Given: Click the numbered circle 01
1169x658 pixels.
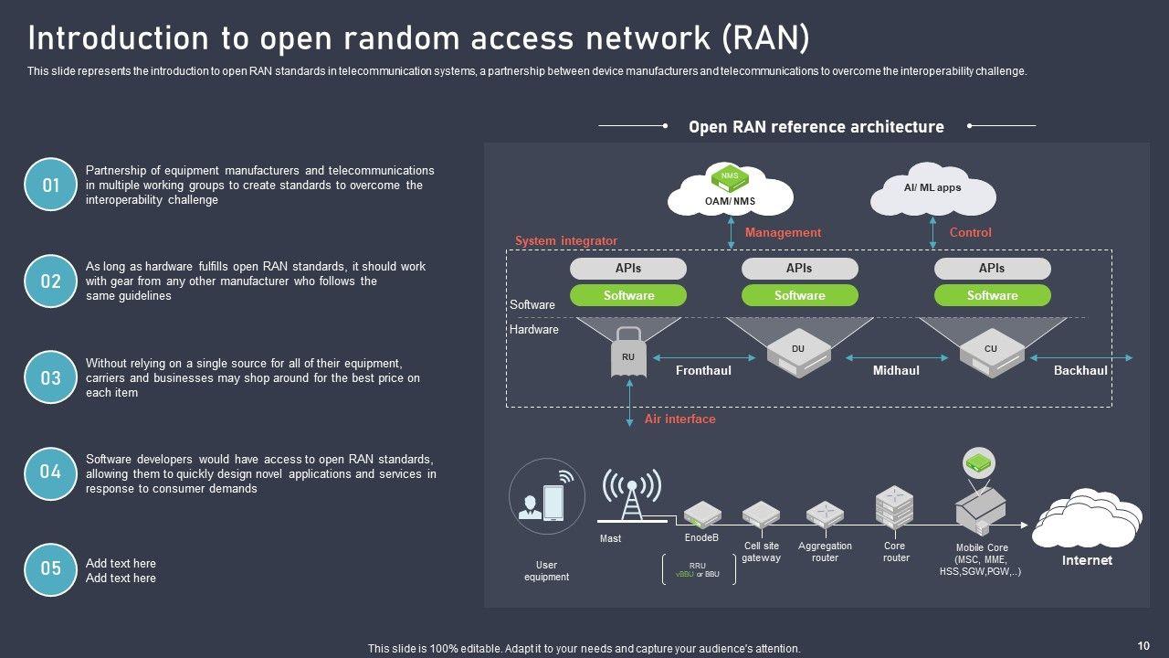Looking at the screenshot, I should click(51, 185).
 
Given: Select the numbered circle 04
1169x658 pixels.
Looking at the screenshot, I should click(51, 473).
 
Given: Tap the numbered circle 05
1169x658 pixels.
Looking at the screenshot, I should click(51, 569).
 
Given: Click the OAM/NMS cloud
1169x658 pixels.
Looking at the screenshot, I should click(730, 189).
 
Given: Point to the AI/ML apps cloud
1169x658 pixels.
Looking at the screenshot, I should click(932, 189).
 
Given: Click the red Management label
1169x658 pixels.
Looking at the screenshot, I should click(783, 233).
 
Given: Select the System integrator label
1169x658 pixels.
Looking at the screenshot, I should click(566, 241).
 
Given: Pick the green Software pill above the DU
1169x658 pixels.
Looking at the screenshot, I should click(799, 295).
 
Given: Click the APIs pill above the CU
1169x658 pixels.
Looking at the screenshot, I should click(992, 269).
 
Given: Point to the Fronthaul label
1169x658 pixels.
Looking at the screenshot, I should click(703, 371).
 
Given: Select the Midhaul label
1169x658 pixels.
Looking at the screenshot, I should click(896, 371).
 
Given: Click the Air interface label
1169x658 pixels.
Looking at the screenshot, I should click(679, 419).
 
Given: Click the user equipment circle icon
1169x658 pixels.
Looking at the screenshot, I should click(547, 496).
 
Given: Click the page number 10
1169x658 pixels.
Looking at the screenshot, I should click(1143, 646).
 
